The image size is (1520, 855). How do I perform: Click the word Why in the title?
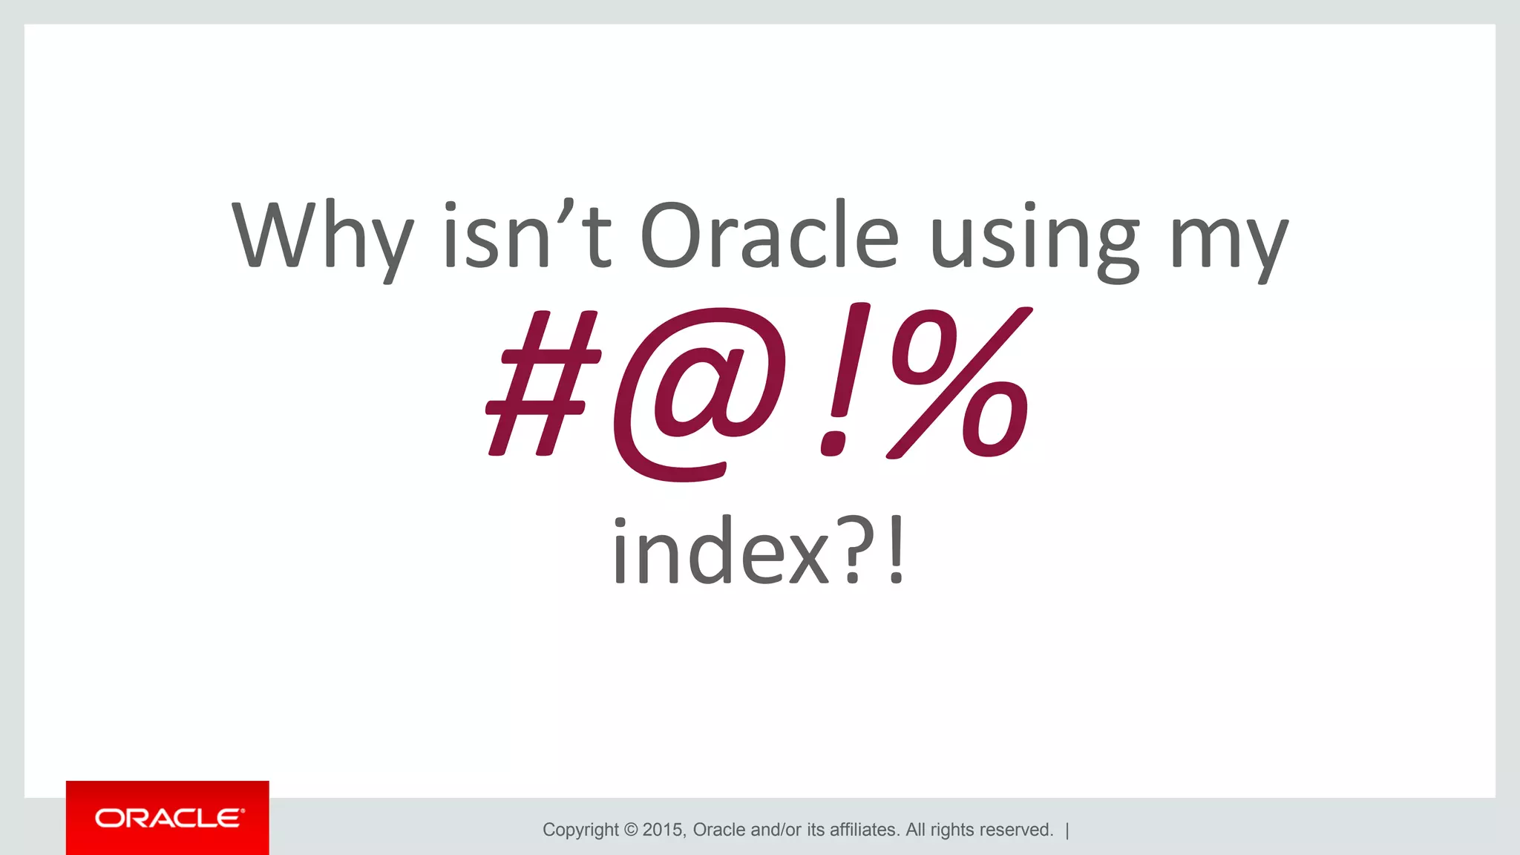click(322, 236)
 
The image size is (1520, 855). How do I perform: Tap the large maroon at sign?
click(701, 393)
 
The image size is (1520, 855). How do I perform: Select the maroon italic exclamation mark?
click(843, 380)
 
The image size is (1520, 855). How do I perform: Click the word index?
click(720, 551)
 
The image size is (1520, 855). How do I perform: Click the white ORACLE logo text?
click(168, 818)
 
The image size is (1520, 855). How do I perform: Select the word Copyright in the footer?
click(580, 830)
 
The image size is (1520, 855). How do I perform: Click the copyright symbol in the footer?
click(631, 830)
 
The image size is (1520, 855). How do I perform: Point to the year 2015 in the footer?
click(664, 830)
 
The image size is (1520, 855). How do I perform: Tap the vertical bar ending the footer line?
click(1067, 830)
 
